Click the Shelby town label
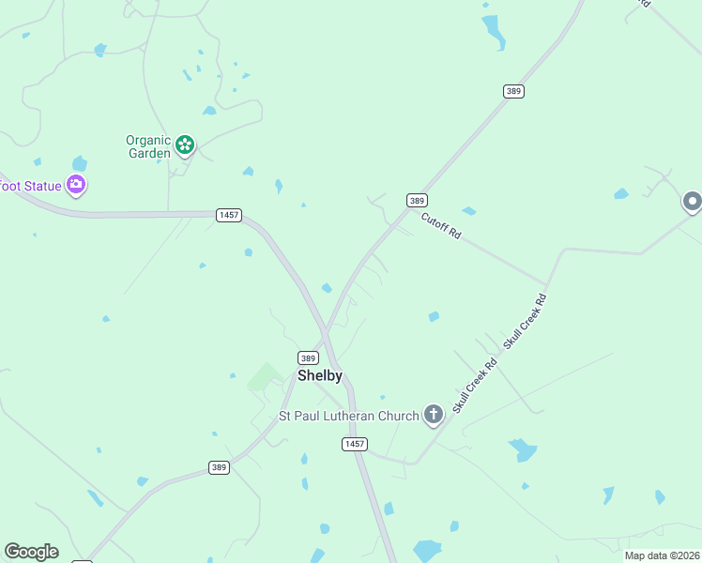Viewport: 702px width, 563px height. [x=320, y=375]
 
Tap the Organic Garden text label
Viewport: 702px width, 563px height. [x=148, y=146]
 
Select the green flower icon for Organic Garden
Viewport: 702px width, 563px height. [x=185, y=145]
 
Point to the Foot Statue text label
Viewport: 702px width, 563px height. [x=30, y=186]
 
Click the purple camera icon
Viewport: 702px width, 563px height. [x=76, y=185]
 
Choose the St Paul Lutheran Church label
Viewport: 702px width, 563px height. [x=347, y=416]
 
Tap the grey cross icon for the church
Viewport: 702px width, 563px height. [x=433, y=414]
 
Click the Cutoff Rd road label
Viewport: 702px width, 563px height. [x=441, y=227]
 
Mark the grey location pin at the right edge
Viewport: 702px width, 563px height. [x=692, y=201]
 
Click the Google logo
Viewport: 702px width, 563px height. [x=31, y=552]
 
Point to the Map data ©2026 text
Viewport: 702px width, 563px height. [x=661, y=555]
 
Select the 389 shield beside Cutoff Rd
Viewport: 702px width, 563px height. [x=418, y=200]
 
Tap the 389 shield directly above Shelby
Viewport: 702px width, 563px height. [x=308, y=358]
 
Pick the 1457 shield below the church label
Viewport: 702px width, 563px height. [x=354, y=444]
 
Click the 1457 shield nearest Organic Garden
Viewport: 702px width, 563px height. [x=228, y=215]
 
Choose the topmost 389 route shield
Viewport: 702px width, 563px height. [x=512, y=91]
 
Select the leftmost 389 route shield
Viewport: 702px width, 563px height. [x=219, y=467]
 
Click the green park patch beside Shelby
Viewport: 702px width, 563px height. [x=264, y=377]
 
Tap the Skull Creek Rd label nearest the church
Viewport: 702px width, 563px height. [x=474, y=386]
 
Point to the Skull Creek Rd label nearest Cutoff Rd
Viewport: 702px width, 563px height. [x=525, y=322]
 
